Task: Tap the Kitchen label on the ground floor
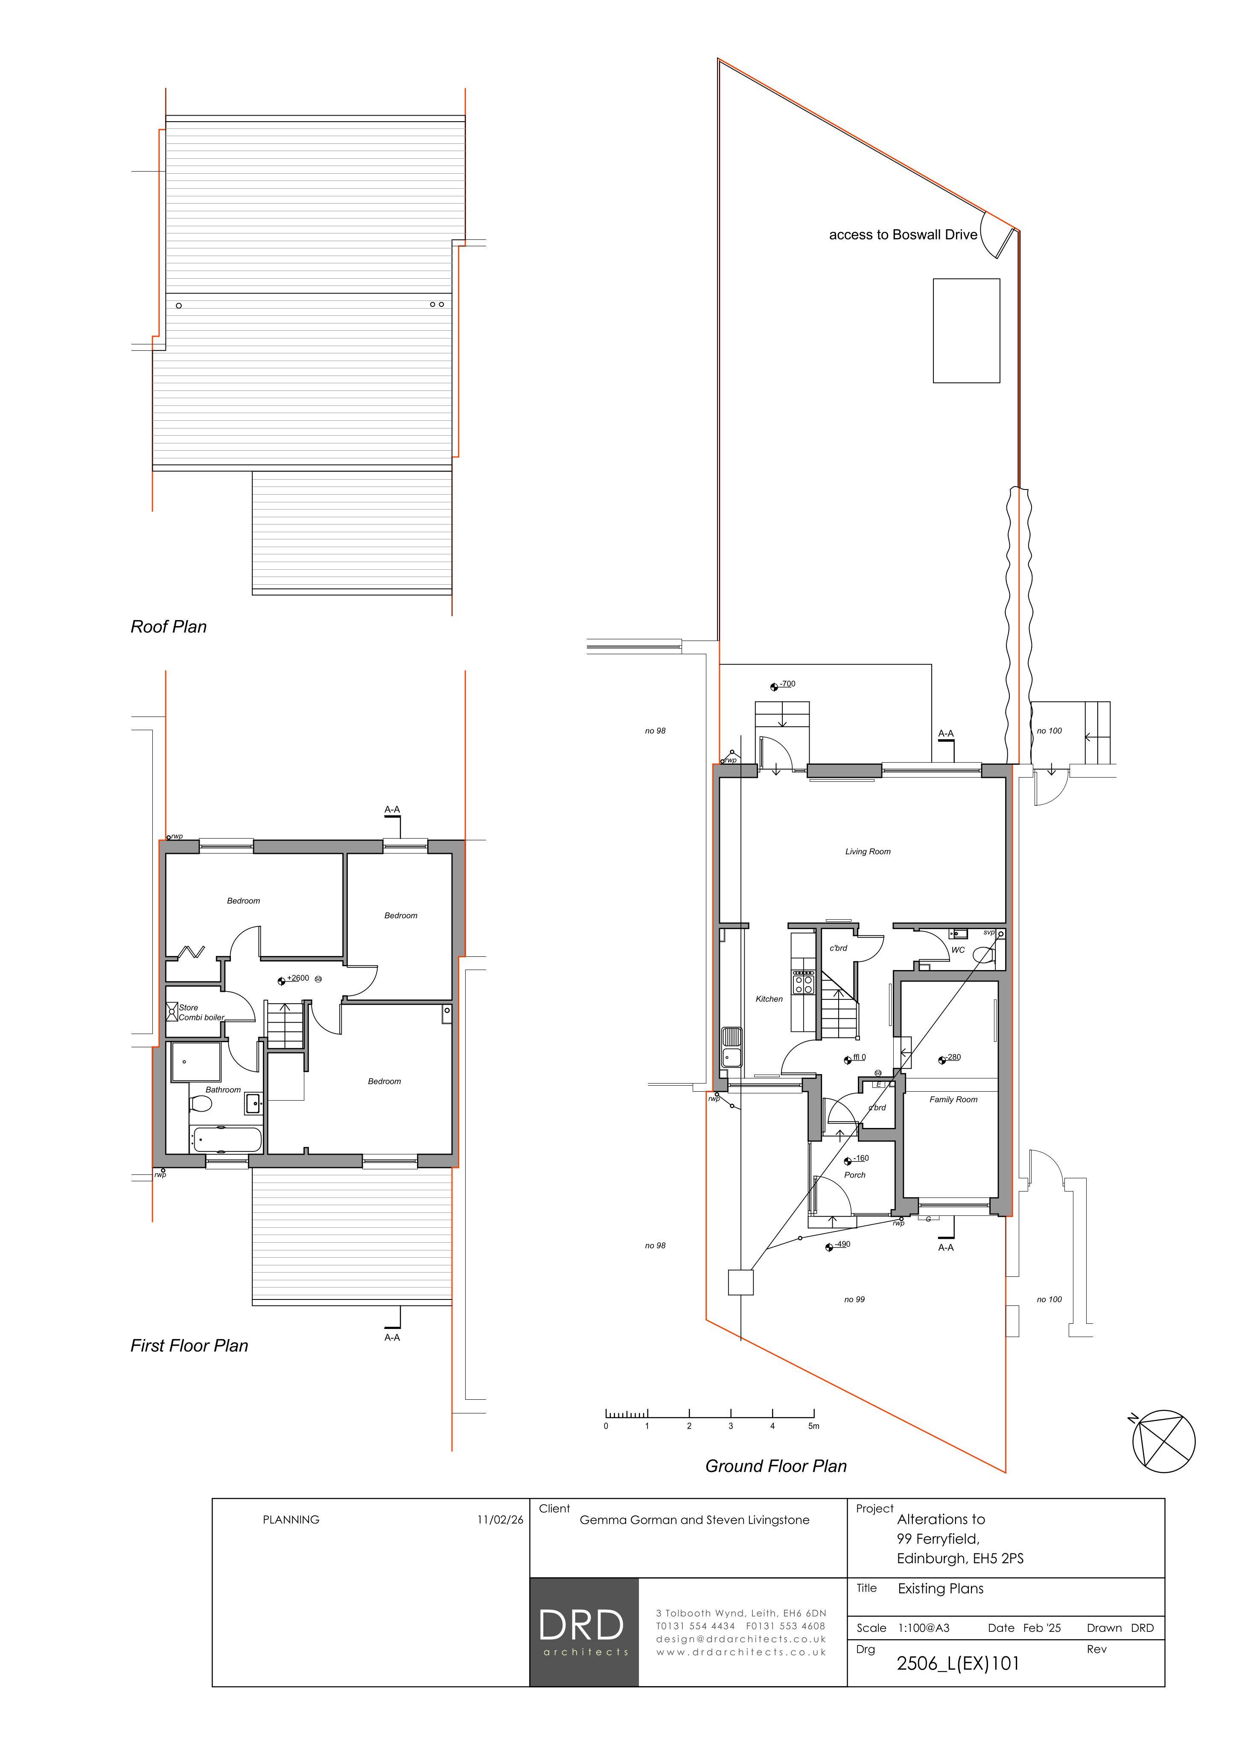(769, 999)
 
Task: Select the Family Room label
(953, 1099)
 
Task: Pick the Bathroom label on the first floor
(223, 1090)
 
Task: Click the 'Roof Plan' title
(168, 626)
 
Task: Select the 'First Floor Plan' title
(189, 1345)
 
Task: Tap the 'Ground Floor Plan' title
(776, 1465)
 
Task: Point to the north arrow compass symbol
(1163, 1441)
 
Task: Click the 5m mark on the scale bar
(813, 1426)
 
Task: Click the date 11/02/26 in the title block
(500, 1520)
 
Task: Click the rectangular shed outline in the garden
(966, 330)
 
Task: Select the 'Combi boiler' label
(201, 1017)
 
